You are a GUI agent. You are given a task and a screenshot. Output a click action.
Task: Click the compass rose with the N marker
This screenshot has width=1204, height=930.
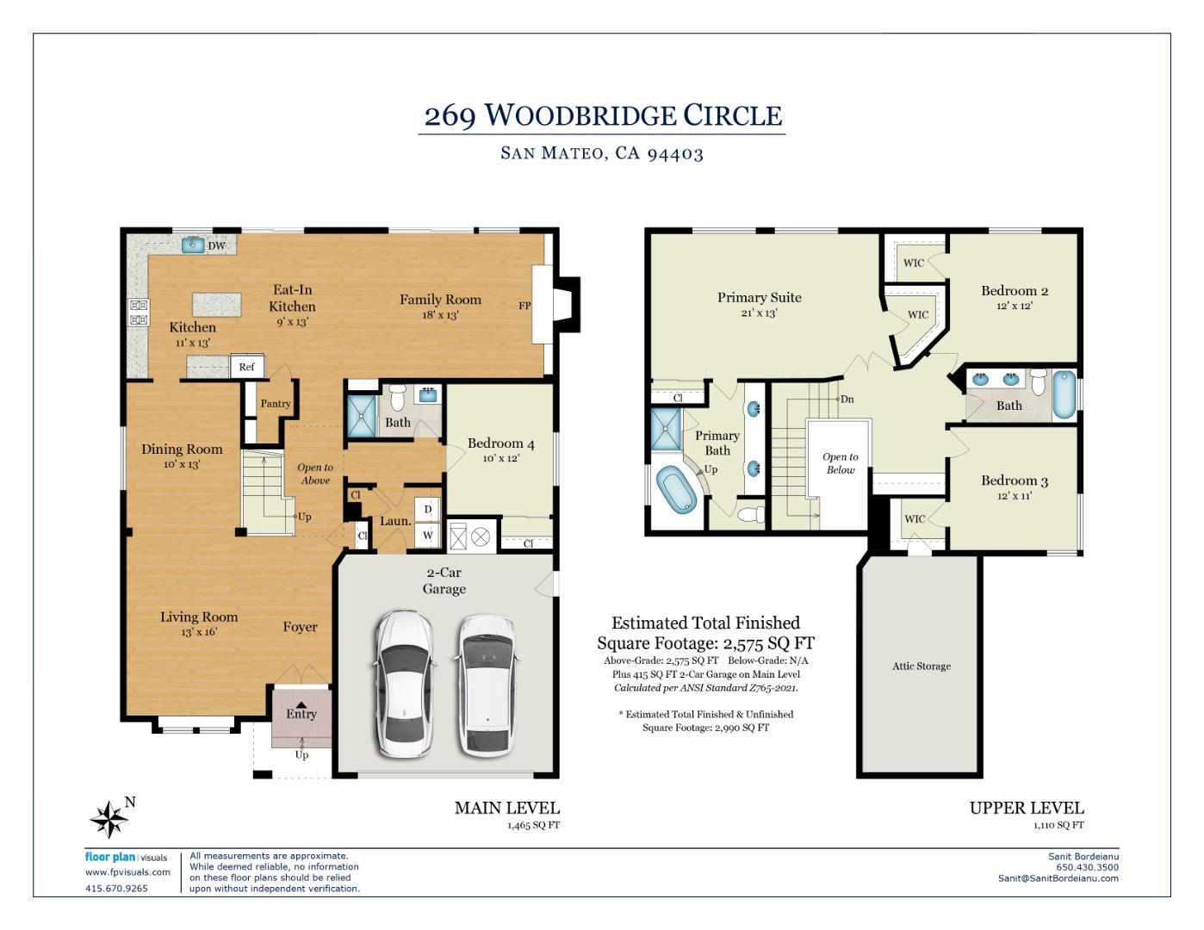(110, 819)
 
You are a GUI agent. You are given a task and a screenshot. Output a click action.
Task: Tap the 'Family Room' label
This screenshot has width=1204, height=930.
(440, 300)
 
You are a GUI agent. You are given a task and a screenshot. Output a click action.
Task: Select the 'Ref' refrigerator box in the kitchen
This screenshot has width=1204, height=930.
(246, 367)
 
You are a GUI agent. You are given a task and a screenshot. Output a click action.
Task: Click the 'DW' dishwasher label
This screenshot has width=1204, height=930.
(217, 245)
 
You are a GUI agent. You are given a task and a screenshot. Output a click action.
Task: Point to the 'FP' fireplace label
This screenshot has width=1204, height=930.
(524, 306)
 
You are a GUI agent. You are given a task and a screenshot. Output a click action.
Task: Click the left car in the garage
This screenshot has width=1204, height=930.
(403, 684)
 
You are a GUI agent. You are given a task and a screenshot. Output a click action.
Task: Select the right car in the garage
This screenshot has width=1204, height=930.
(487, 685)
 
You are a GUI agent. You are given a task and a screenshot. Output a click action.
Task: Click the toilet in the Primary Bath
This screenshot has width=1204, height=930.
(752, 514)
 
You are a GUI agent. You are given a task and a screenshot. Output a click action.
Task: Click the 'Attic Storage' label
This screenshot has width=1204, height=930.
(922, 666)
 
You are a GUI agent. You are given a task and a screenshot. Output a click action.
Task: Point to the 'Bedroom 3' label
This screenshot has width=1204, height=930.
(1015, 480)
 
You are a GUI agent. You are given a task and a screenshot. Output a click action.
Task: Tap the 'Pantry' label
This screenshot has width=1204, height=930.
(276, 403)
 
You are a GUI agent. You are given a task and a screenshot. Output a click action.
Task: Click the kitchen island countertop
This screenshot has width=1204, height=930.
(217, 304)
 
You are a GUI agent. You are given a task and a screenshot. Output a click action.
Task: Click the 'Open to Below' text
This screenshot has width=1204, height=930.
(840, 463)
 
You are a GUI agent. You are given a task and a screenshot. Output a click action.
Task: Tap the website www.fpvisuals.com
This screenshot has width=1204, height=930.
(127, 872)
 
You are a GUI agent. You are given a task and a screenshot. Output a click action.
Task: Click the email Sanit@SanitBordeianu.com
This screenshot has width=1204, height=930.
(1058, 878)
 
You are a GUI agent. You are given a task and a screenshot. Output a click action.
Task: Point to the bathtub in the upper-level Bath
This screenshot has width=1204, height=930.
(1064, 394)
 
